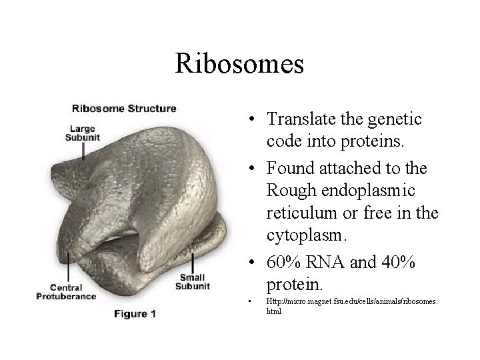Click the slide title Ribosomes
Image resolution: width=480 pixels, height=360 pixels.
coord(239,64)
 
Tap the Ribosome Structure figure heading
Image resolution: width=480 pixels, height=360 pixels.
coord(124,108)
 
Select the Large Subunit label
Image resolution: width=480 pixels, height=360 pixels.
coord(79,133)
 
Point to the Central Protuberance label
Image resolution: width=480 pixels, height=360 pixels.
coord(67,291)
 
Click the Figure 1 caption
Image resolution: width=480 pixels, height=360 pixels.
coord(133,313)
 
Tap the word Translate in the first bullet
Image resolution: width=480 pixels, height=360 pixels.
coord(297,119)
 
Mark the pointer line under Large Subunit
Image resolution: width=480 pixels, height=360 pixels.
coord(83,151)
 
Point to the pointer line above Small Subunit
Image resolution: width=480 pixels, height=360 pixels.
coord(192,261)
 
